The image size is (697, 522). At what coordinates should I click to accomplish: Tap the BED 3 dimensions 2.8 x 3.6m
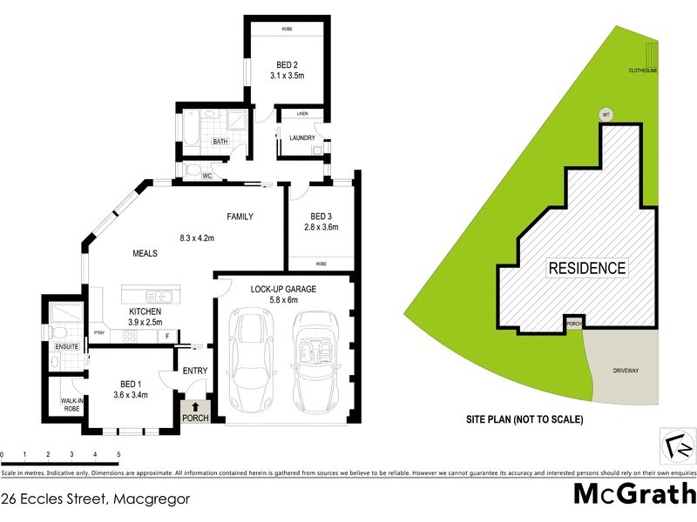point(320,227)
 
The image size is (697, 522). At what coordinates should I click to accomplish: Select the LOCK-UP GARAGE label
point(282,288)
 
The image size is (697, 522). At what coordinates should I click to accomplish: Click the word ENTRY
point(195,371)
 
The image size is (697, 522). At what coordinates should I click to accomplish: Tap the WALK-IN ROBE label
point(71,405)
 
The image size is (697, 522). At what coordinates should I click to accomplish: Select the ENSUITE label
point(67,347)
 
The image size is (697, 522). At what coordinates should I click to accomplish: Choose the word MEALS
point(145,253)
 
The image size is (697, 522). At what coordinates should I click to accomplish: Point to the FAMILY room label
point(240,216)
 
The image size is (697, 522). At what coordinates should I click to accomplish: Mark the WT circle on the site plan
point(606,114)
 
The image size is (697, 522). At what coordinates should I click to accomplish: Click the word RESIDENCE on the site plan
point(586,268)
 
